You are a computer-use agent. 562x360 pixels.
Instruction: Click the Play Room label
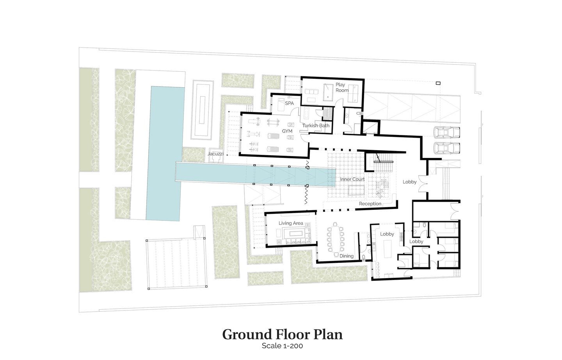342,87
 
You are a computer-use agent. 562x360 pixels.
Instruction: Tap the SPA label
289,103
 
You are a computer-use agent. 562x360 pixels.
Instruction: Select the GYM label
287,131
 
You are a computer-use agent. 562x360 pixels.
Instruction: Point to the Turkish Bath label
316,125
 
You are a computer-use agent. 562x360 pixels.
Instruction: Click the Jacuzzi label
215,154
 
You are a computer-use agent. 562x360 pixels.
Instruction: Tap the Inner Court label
352,179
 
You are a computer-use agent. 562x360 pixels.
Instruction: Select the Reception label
370,204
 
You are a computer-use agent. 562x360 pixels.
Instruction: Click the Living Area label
291,223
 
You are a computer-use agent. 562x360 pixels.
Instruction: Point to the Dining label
347,256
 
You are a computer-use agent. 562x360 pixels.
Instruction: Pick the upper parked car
447,132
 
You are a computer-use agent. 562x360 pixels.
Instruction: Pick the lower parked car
447,148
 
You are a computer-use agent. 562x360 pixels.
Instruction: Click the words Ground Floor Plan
282,335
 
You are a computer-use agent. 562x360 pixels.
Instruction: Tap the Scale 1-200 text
282,346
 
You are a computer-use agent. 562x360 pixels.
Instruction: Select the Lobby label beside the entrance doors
409,182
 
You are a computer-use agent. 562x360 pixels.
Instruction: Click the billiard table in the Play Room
329,92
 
